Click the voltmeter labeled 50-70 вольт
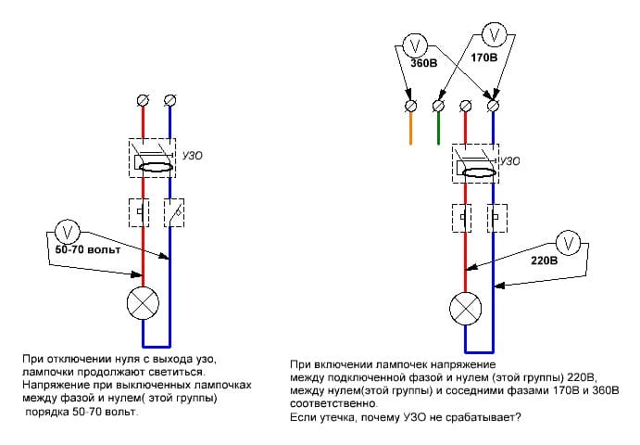(x=68, y=232)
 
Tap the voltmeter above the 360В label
(x=415, y=44)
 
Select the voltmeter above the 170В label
(x=495, y=34)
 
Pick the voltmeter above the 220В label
(x=568, y=244)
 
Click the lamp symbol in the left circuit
(x=143, y=304)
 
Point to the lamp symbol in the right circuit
(x=465, y=309)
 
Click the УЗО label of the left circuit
(x=192, y=156)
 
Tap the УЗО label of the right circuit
(x=509, y=161)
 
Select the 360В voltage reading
(x=423, y=63)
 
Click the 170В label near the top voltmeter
(x=484, y=57)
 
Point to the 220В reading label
(x=544, y=261)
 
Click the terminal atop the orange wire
(x=410, y=106)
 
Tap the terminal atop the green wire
(x=438, y=106)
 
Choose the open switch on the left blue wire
(x=174, y=213)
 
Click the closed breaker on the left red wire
(x=139, y=213)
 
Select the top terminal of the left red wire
(x=143, y=100)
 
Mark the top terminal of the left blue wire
(x=169, y=100)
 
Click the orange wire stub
(x=410, y=128)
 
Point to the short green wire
(x=438, y=128)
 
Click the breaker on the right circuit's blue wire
(x=497, y=218)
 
